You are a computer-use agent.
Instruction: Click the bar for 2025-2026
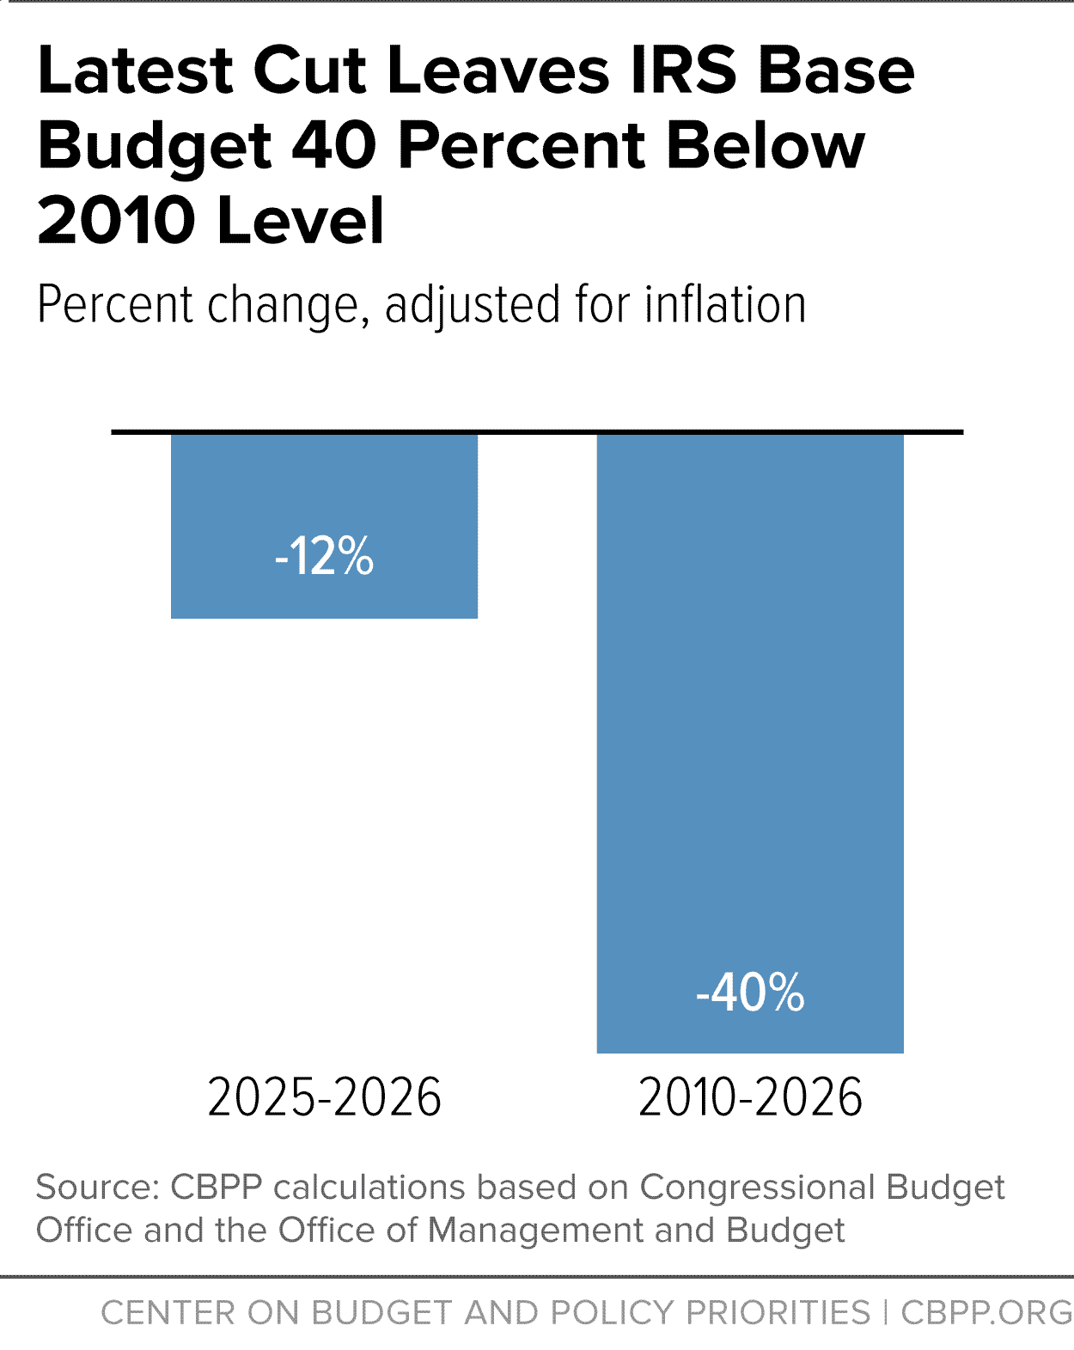(x=324, y=526)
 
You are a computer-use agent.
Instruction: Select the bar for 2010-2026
(x=750, y=742)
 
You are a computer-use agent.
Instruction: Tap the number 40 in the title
(x=333, y=146)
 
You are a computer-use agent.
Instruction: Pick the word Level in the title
(x=300, y=220)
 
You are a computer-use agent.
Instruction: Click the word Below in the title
(x=766, y=146)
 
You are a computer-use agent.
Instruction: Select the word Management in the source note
(x=535, y=1231)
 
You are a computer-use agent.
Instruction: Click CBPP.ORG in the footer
(x=987, y=1312)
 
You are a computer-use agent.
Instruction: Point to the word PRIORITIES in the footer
(x=778, y=1312)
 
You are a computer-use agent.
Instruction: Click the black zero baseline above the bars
(x=537, y=431)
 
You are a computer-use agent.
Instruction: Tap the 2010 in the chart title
(x=117, y=220)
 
